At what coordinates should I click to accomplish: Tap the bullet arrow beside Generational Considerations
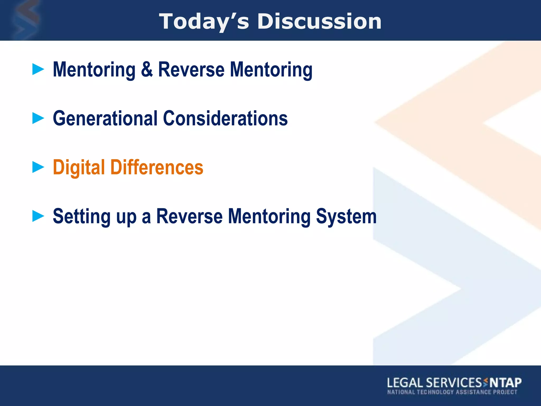(x=38, y=118)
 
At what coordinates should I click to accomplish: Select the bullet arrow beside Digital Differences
(x=38, y=167)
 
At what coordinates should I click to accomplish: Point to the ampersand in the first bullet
(x=147, y=69)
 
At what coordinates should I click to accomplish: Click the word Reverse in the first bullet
(x=191, y=69)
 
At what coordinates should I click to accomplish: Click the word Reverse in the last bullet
(x=189, y=216)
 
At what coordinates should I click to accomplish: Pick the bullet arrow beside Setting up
(x=38, y=216)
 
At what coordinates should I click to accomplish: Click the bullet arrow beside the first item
(x=38, y=69)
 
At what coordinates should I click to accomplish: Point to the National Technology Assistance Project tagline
(x=452, y=392)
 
